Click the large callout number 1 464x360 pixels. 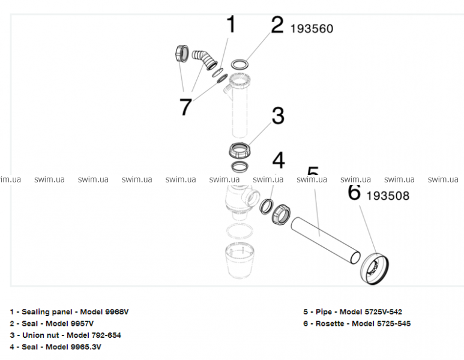pos(231,25)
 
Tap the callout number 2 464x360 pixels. pos(277,26)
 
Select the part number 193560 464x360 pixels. pos(312,29)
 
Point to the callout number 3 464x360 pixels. pos(277,115)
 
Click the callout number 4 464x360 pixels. pos(278,160)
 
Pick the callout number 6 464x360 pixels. pos(354,193)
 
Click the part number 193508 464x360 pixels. pos(388,196)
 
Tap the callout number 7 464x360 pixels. pos(185,107)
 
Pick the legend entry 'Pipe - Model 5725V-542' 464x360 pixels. pos(353,311)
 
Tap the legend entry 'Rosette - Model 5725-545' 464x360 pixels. pos(357,323)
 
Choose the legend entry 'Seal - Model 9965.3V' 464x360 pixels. pos(56,346)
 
